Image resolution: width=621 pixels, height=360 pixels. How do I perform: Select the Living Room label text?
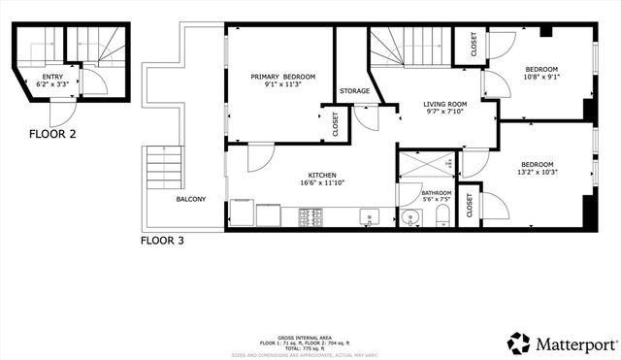coord(445,104)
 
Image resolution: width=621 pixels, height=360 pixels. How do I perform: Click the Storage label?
coord(354,91)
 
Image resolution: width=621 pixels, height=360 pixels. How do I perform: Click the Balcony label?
coord(190,199)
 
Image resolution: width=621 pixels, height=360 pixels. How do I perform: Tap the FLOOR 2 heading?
coord(52,134)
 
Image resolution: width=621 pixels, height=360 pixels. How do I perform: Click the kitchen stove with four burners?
coord(311,216)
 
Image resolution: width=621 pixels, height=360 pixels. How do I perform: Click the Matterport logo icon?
coord(519,343)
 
